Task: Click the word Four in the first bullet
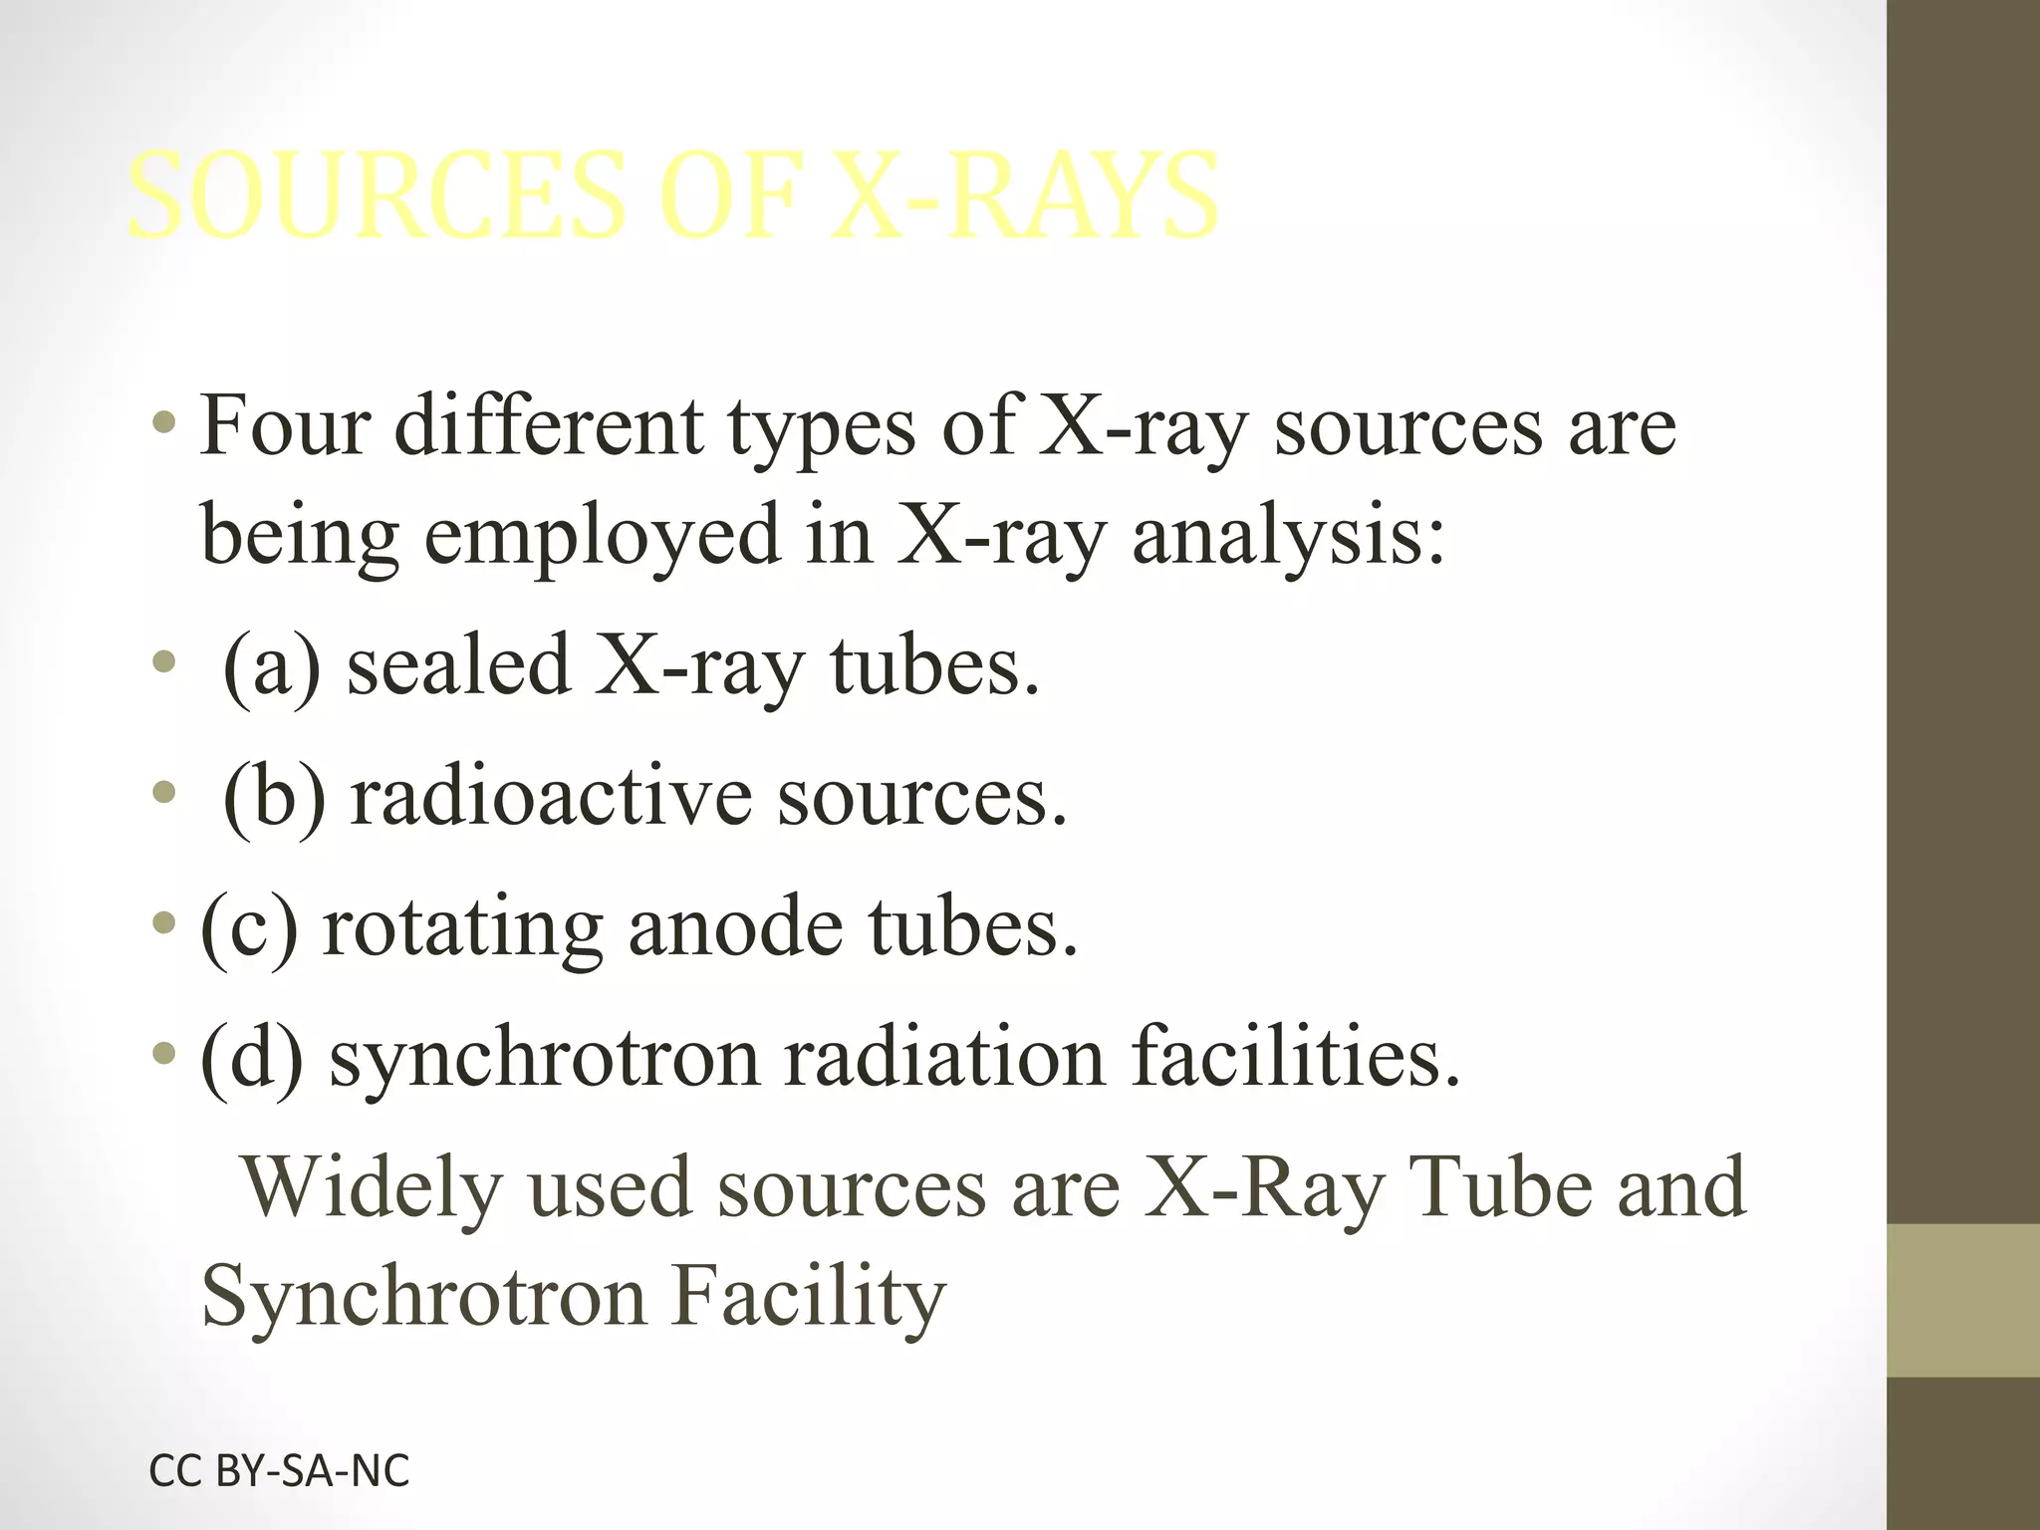[283, 425]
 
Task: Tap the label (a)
[272, 665]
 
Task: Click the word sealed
[457, 665]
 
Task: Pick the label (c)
[249, 926]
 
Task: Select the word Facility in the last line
[808, 1298]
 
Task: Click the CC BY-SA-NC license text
[279, 1470]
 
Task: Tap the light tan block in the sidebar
[1963, 1300]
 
